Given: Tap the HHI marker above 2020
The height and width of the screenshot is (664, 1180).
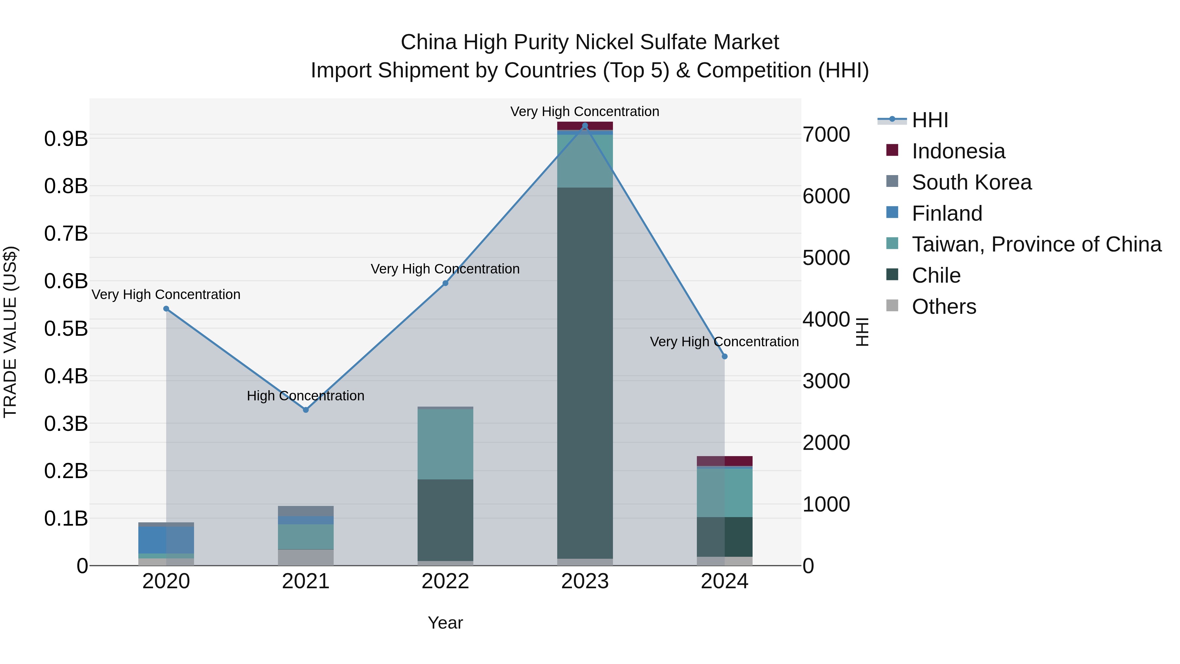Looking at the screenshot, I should tap(166, 309).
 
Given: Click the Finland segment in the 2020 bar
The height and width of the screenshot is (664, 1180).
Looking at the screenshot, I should tap(166, 539).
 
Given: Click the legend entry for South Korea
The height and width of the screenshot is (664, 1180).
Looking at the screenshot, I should tap(971, 182).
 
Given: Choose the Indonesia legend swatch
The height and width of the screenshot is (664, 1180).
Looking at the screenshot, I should tap(892, 150).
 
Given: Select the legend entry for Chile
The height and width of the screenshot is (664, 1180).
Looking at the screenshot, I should tap(936, 275).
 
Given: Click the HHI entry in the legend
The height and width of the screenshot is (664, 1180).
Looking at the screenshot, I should tap(930, 120).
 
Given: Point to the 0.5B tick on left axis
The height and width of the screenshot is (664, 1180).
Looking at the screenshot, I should tap(66, 329).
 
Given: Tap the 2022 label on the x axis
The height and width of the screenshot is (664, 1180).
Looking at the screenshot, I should tap(445, 581).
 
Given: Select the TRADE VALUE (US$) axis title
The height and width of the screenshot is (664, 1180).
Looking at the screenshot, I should tap(10, 332).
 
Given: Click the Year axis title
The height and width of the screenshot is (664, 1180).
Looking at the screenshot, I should tap(445, 623).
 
